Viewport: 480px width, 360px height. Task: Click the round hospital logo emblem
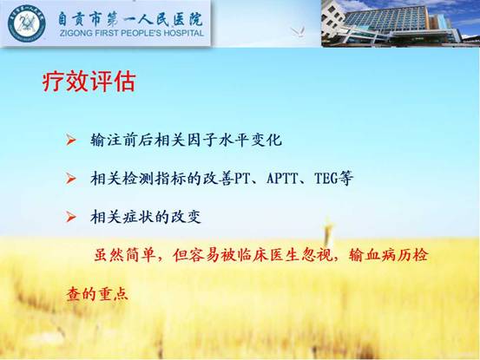pyautogui.click(x=27, y=23)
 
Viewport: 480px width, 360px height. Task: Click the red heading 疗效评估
pyautogui.click(x=89, y=82)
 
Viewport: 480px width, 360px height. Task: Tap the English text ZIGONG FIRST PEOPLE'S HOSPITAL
pyautogui.click(x=132, y=33)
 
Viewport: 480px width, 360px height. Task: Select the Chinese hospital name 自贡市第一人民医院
pyautogui.click(x=130, y=19)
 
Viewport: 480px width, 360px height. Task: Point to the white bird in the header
pyautogui.click(x=298, y=31)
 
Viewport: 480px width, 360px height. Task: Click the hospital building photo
pyautogui.click(x=400, y=23)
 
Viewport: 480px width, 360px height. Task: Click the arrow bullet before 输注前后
pyautogui.click(x=70, y=141)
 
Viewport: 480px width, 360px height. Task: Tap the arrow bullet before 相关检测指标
pyautogui.click(x=70, y=179)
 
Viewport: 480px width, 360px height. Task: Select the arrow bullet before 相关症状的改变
pyautogui.click(x=70, y=217)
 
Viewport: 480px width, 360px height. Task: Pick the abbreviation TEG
pyautogui.click(x=326, y=179)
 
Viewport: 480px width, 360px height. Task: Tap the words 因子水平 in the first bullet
pyautogui.click(x=218, y=140)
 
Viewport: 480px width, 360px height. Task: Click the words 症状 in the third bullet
pyautogui.click(x=137, y=217)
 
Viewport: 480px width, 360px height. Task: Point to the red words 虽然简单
pyautogui.click(x=124, y=255)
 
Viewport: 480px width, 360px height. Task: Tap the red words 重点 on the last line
pyautogui.click(x=112, y=293)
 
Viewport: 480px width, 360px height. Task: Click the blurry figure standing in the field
pyautogui.click(x=328, y=232)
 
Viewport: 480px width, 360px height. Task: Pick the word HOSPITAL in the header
pyautogui.click(x=184, y=33)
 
